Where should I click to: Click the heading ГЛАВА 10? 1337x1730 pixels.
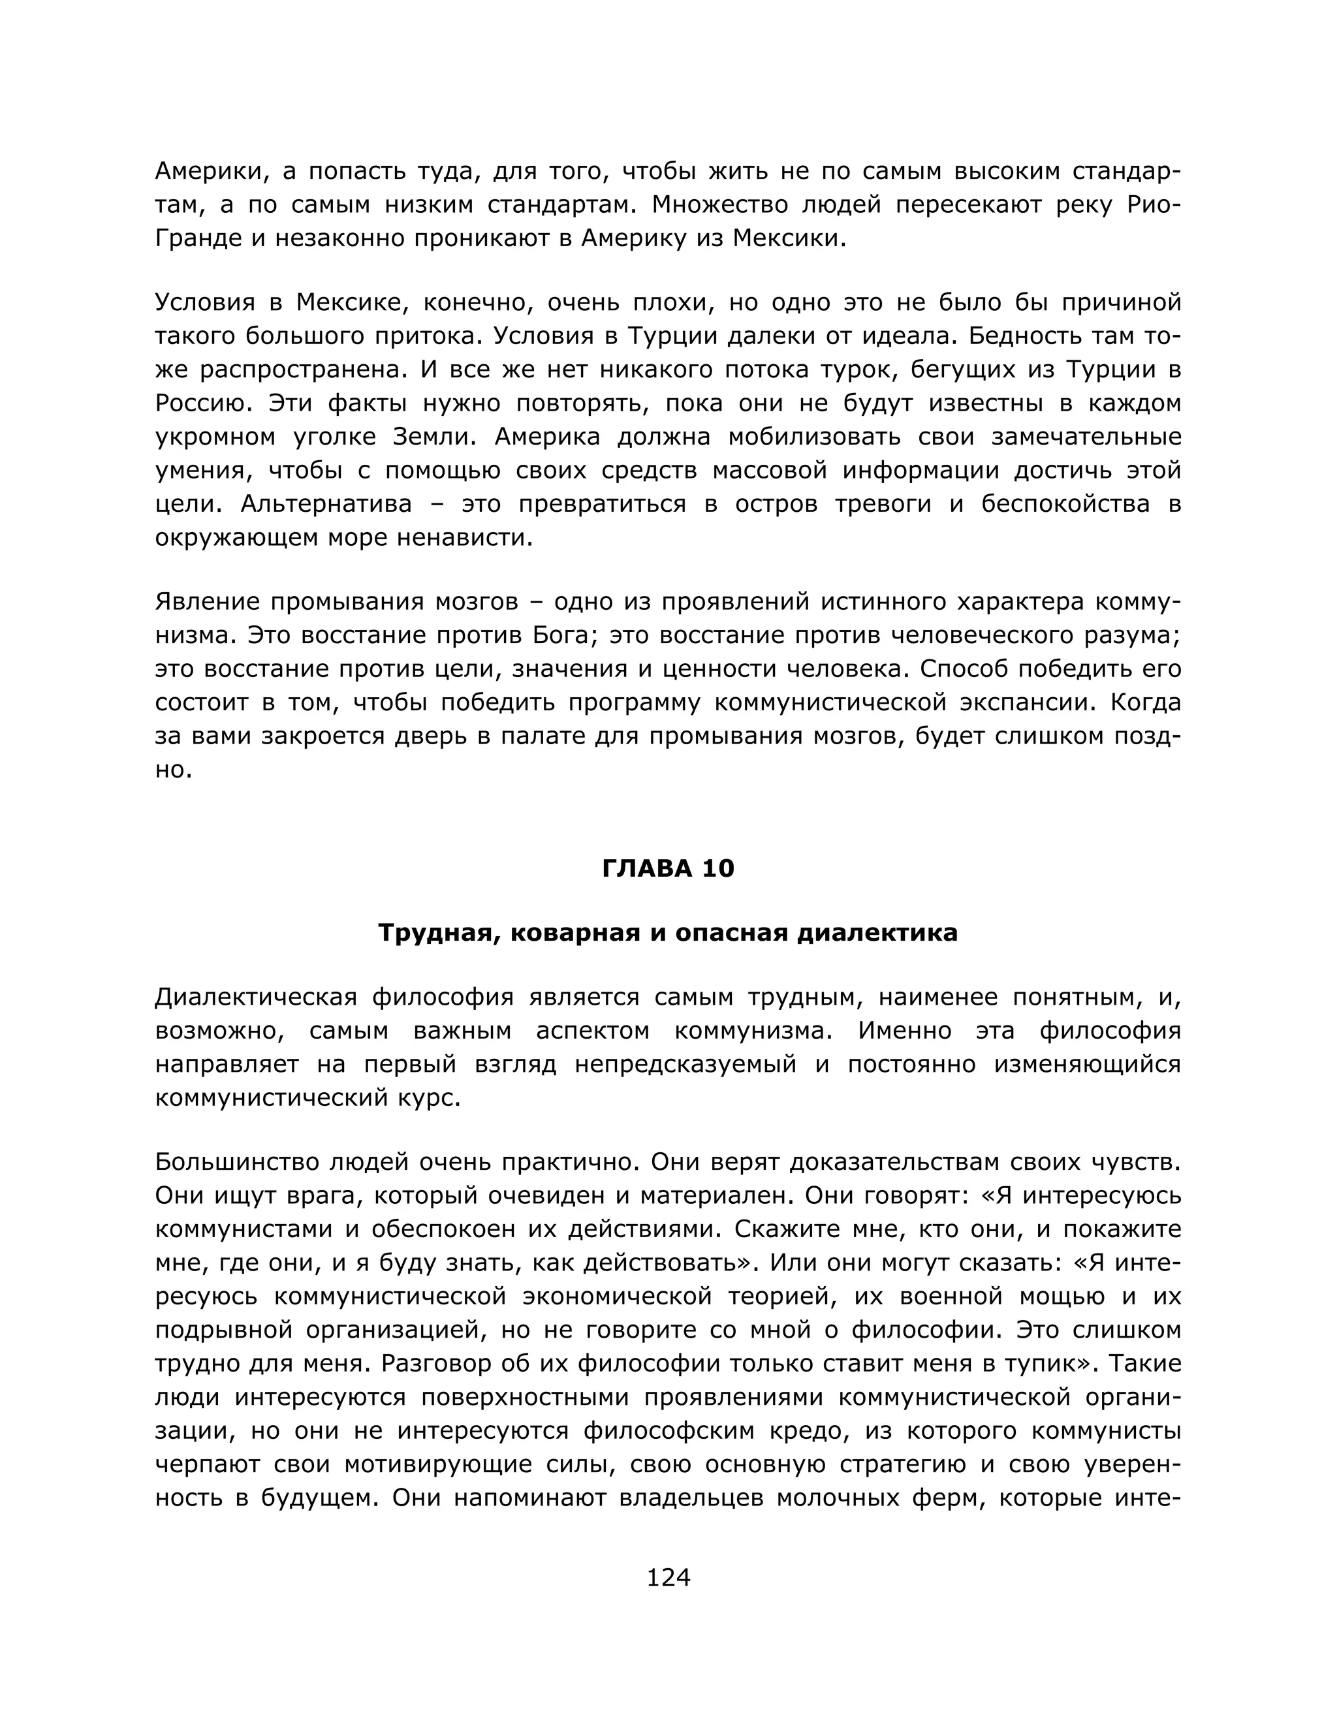click(x=668, y=868)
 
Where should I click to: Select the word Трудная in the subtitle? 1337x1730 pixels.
click(x=438, y=932)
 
